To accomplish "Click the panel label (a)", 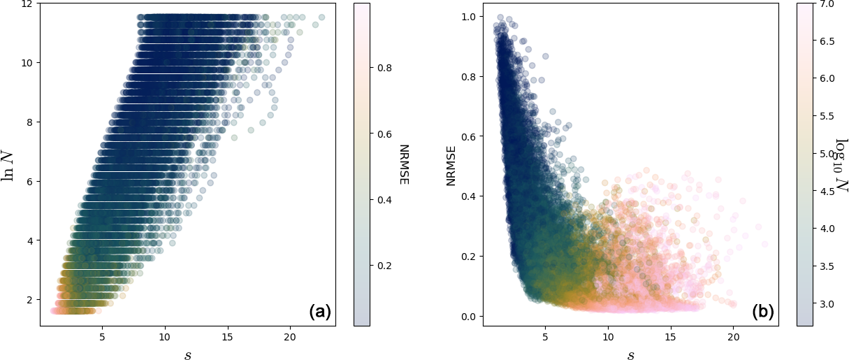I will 319,312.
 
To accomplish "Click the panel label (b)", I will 763,312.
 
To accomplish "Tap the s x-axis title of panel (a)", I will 187,354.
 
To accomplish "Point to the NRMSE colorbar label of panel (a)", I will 403,165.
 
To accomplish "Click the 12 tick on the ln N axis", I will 27,3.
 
